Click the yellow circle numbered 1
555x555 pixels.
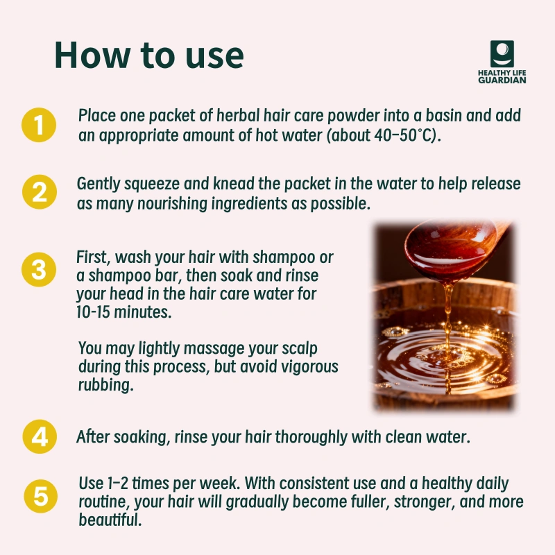39,125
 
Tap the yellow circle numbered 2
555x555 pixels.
40,192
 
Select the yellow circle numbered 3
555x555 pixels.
39,269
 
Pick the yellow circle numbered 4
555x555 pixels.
40,436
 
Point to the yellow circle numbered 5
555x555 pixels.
41,496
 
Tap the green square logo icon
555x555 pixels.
502,53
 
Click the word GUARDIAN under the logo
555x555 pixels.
502,80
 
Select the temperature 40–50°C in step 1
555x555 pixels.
404,135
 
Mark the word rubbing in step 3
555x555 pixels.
106,385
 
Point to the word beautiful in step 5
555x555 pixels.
110,520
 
